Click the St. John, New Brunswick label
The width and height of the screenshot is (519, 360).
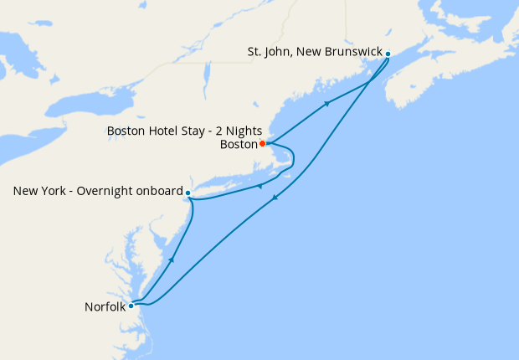[x=314, y=52]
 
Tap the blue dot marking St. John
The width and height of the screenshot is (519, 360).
[x=388, y=53]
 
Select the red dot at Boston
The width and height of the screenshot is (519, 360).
[x=262, y=143]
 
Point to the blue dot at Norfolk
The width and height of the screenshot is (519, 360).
[x=131, y=306]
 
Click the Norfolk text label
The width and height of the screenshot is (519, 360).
[x=105, y=306]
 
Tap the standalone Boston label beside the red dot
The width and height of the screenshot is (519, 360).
[x=239, y=144]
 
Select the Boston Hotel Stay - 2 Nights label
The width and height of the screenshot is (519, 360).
[x=185, y=131]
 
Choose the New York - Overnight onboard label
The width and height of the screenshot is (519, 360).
[x=98, y=192]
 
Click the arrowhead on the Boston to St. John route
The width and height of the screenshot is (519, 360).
[x=326, y=104]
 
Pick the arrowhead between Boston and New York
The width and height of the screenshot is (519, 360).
[x=259, y=186]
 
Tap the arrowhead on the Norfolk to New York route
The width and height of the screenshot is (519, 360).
[x=172, y=260]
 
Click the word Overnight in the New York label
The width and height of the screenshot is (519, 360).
[x=106, y=192]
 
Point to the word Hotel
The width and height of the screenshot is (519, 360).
[x=162, y=131]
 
